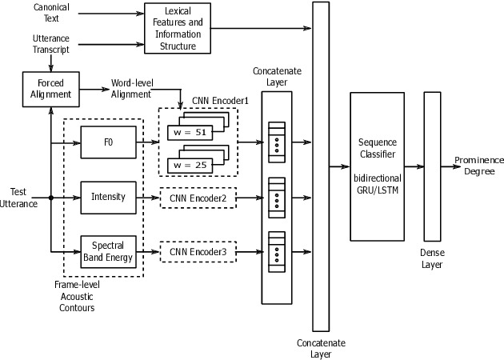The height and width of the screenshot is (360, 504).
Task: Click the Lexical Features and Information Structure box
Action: click(x=177, y=30)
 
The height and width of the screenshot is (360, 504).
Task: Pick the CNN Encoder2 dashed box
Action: click(x=198, y=197)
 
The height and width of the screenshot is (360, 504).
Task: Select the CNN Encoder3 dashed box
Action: click(x=198, y=252)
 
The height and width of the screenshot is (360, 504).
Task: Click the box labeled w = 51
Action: click(x=189, y=132)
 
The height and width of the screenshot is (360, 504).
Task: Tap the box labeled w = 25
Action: click(x=189, y=165)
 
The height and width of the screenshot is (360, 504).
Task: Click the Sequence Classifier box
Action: click(x=377, y=167)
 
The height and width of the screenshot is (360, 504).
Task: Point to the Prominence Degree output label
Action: click(x=479, y=166)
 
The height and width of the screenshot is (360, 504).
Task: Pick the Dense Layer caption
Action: click(x=432, y=258)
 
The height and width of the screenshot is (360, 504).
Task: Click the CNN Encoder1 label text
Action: click(x=220, y=101)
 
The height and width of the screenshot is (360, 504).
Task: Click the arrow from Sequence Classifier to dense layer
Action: click(x=414, y=167)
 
